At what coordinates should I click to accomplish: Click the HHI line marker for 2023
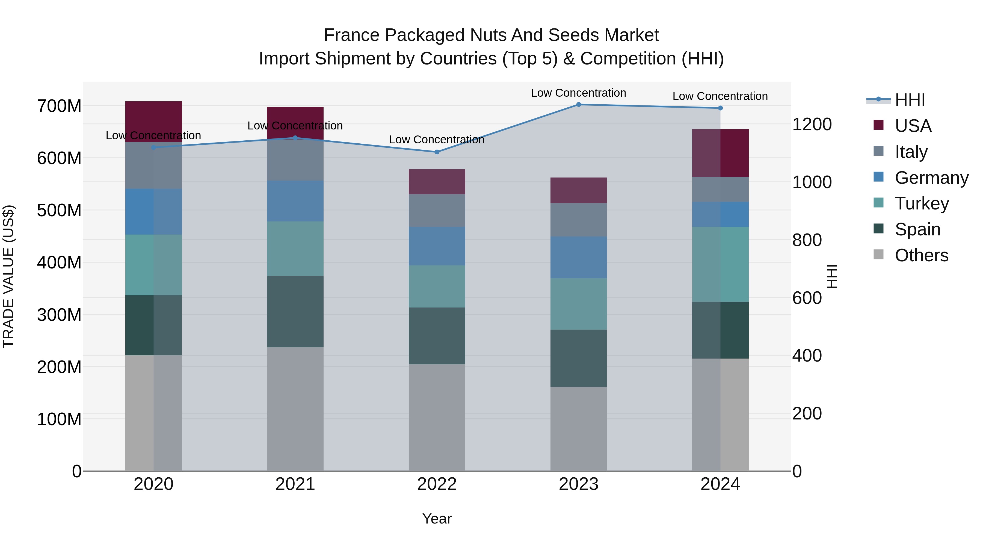point(579,104)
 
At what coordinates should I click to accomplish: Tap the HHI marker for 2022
point(437,152)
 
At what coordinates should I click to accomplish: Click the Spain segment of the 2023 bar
point(579,358)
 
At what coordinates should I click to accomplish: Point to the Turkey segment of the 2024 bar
point(720,264)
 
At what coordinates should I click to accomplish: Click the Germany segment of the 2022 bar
point(437,246)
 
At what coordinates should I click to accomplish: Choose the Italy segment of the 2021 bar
point(295,160)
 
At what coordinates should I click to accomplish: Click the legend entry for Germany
point(931,178)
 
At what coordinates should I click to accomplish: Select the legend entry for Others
point(921,255)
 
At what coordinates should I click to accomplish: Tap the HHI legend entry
point(910,100)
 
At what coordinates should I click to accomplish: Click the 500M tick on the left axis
point(59,210)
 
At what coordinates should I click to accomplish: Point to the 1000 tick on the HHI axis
point(812,182)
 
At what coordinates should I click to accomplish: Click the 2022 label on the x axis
point(437,484)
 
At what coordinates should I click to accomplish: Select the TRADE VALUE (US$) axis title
point(8,276)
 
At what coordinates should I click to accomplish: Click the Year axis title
point(437,519)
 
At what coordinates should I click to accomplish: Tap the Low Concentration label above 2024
point(720,96)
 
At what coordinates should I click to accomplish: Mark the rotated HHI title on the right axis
point(832,276)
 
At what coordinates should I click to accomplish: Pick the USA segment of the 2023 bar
point(579,190)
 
